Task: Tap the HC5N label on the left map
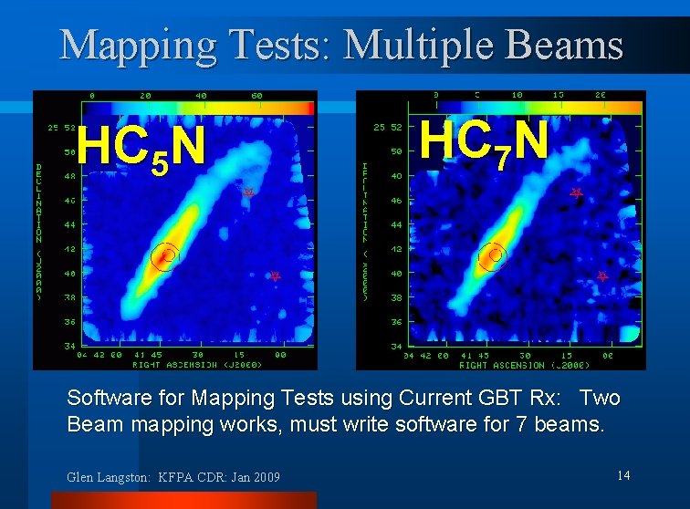[x=141, y=148]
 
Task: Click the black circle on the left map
[x=166, y=256]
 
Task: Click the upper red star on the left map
[x=247, y=192]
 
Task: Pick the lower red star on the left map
[x=274, y=275]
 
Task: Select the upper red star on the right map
[x=576, y=192]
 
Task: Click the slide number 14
[x=624, y=474]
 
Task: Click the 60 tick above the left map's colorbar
[x=256, y=95]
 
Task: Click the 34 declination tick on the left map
[x=69, y=345]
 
